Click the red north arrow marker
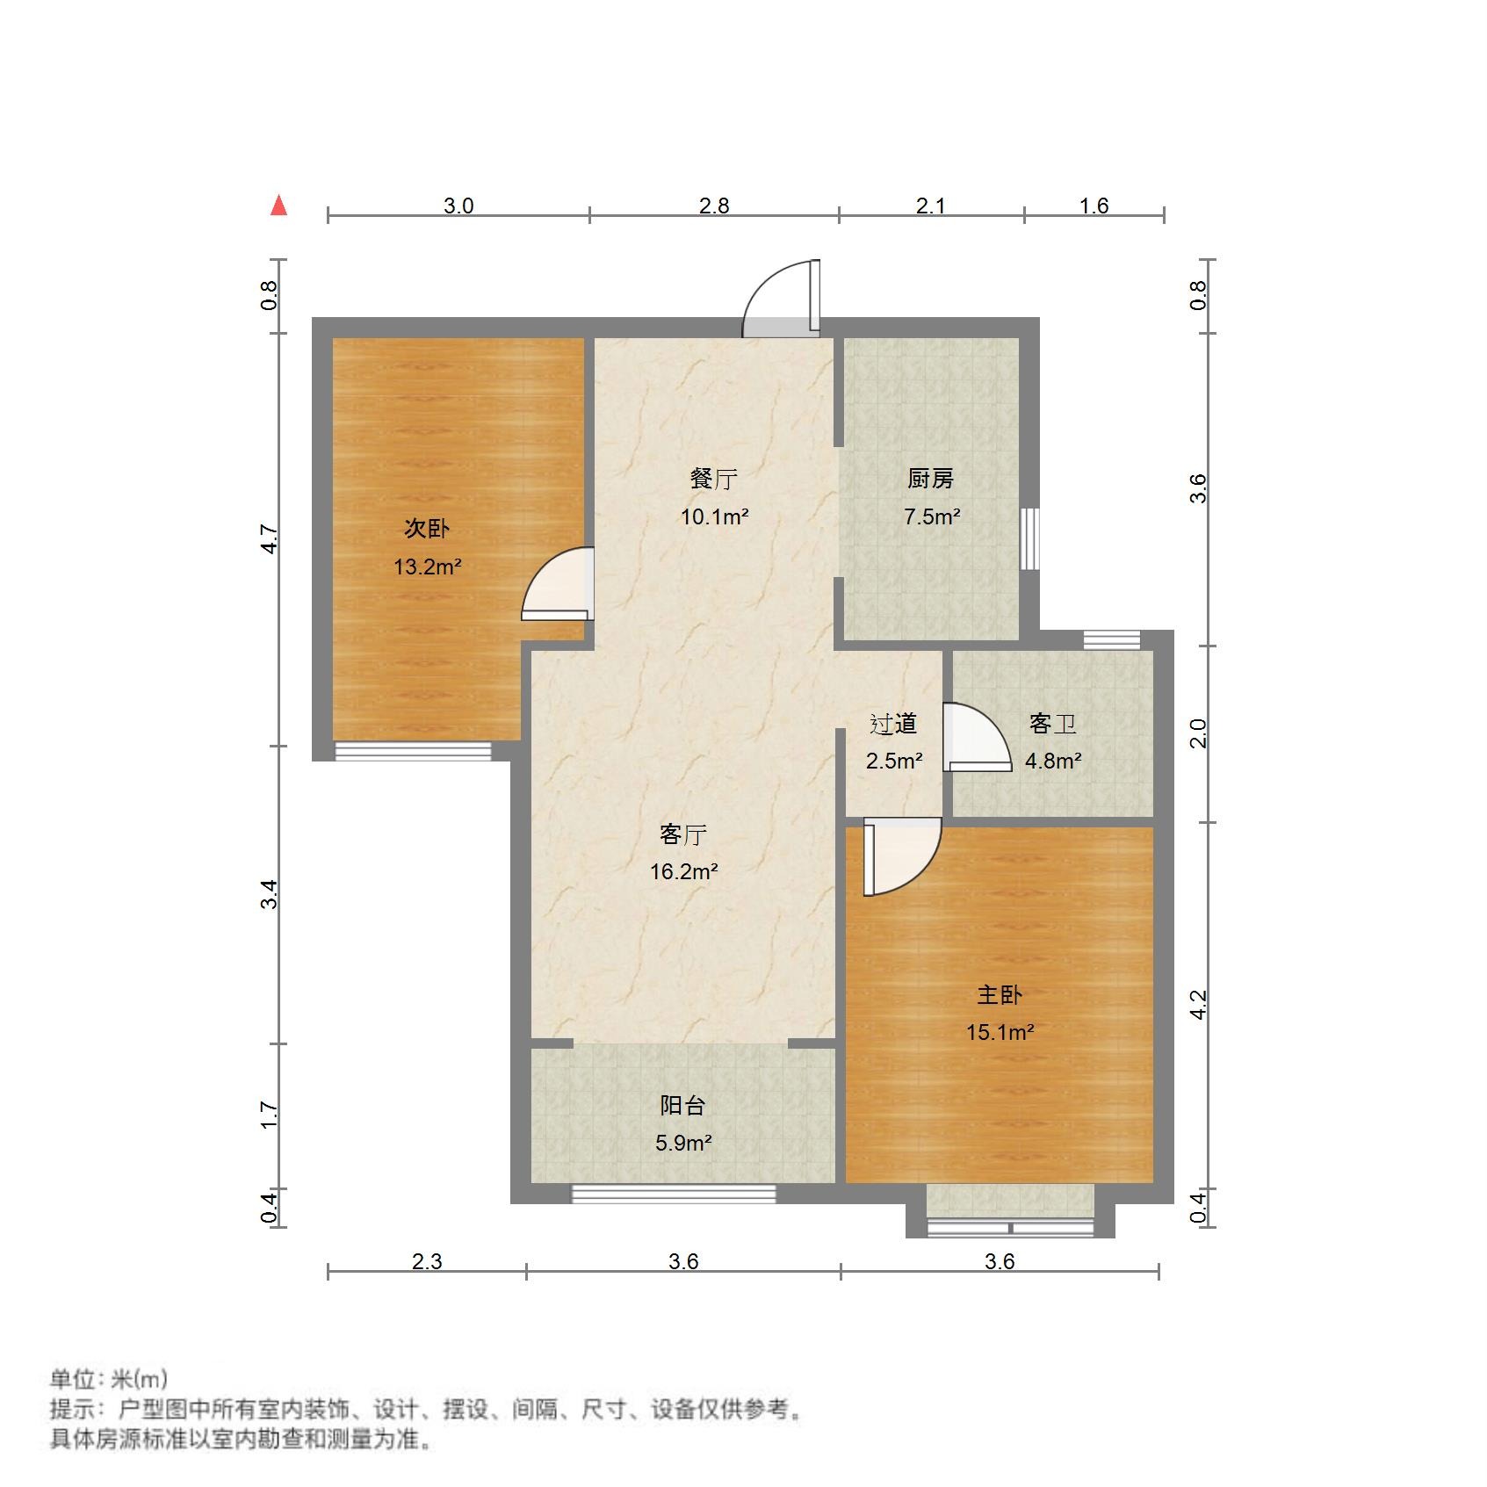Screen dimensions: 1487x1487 [x=279, y=206]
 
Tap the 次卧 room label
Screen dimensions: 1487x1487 [x=427, y=528]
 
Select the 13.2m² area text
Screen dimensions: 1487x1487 [x=427, y=567]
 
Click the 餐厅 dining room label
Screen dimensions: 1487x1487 [x=713, y=479]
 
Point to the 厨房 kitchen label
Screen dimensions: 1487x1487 [x=930, y=479]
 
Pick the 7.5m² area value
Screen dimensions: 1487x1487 [x=931, y=516]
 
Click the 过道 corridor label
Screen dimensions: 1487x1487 [x=893, y=724]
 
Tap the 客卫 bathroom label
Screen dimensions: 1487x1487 [x=1052, y=724]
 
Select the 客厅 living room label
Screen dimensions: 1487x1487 [x=683, y=834]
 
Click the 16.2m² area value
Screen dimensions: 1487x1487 [x=683, y=872]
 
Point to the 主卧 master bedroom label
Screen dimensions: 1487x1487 [x=1000, y=994]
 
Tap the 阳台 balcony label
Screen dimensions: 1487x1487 [x=682, y=1105]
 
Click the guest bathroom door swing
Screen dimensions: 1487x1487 [x=977, y=738]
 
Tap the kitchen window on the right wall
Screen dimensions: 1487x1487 [x=1030, y=538]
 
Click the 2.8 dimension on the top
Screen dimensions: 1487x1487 [x=714, y=206]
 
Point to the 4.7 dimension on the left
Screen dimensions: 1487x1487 [x=270, y=539]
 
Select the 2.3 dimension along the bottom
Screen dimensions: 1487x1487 [x=427, y=1262]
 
